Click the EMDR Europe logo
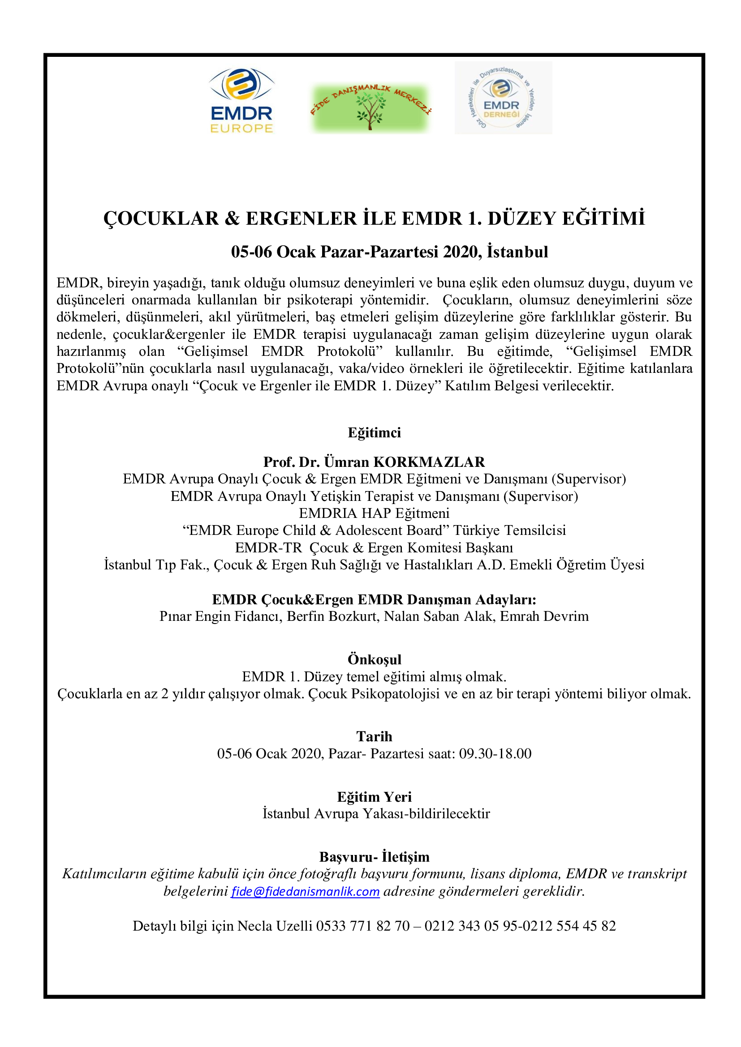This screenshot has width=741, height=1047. [241, 100]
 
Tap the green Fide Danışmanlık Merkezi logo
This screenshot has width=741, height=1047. [370, 108]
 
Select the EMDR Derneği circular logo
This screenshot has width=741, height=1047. [503, 98]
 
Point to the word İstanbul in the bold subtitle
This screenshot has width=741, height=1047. [517, 252]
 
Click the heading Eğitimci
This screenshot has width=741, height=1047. [374, 432]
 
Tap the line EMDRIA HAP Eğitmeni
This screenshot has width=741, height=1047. [374, 513]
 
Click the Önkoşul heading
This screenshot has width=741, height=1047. [374, 659]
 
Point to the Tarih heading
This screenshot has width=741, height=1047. [374, 736]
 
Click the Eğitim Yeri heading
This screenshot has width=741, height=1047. [374, 796]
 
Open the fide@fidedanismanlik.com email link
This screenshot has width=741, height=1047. [305, 891]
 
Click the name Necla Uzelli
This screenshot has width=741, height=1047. [275, 926]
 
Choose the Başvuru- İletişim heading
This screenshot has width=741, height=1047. [374, 856]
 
